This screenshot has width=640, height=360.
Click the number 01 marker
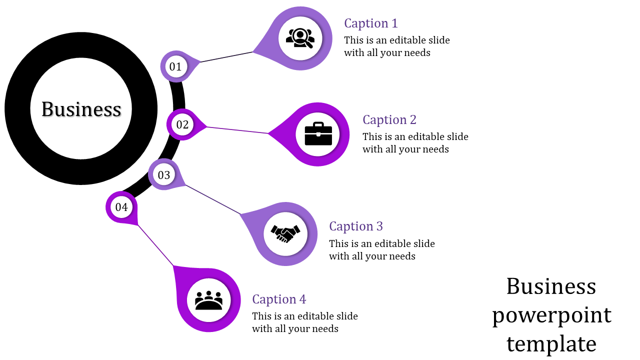[x=175, y=66]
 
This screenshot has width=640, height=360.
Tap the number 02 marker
[x=182, y=124]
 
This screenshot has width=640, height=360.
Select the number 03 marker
[x=164, y=175]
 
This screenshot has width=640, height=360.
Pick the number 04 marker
[x=121, y=206]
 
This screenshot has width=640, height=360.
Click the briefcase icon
[x=318, y=134]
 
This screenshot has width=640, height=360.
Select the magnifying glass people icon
[x=300, y=38]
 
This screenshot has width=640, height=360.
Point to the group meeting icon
[x=208, y=300]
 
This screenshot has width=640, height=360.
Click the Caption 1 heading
[x=371, y=23]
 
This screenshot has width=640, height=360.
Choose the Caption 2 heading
[x=389, y=120]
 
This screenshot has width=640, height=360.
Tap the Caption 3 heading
[x=356, y=226]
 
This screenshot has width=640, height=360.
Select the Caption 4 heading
[x=279, y=299]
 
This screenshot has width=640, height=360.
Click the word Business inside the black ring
[x=81, y=109]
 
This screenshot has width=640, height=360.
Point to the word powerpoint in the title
[x=551, y=315]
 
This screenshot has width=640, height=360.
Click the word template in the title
[x=551, y=344]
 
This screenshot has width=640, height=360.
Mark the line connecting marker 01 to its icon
[x=227, y=56]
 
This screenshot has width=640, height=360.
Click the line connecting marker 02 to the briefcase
[x=237, y=130]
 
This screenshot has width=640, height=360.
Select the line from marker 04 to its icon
[x=155, y=245]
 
